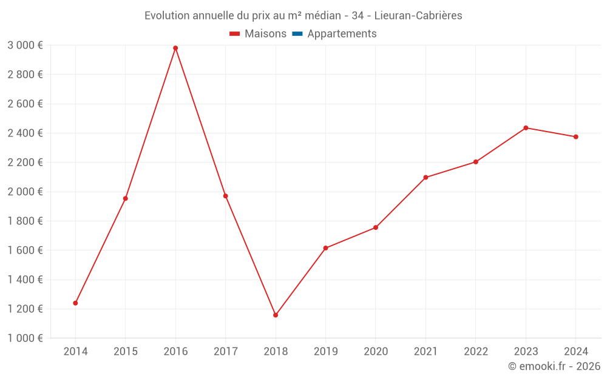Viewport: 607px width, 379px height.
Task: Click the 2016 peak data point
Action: [175, 48]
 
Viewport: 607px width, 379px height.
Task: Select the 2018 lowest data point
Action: [276, 315]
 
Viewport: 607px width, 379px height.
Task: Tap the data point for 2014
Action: [75, 303]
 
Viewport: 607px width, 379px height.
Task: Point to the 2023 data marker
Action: [526, 128]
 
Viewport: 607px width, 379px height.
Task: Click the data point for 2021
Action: [426, 178]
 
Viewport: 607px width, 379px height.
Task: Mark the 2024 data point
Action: [575, 137]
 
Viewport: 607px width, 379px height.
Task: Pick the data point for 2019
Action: [325, 248]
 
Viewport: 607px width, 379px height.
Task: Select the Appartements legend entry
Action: [342, 34]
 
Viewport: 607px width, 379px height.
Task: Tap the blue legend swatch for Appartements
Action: [297, 34]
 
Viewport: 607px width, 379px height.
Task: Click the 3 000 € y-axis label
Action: [25, 45]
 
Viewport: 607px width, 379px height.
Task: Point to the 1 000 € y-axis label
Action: [25, 338]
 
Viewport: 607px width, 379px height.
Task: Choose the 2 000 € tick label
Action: [25, 192]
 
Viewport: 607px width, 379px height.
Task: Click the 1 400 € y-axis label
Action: [25, 280]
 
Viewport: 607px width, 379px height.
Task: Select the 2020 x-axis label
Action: [375, 352]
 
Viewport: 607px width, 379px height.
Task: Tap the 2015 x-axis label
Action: [126, 352]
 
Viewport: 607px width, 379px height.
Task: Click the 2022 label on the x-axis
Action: [475, 352]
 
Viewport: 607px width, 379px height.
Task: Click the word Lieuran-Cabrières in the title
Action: [418, 16]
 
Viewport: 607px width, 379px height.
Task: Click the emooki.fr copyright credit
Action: [554, 366]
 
